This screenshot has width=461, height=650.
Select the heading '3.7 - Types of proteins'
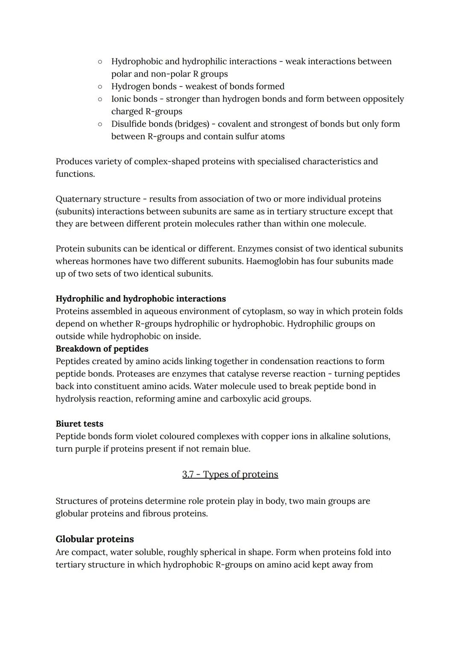(230, 474)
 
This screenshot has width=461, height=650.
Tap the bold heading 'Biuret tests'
(79, 424)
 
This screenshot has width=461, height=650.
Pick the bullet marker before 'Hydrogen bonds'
(99, 87)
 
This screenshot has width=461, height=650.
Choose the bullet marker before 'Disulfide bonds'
(99, 124)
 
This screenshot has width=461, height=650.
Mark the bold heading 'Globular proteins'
(95, 539)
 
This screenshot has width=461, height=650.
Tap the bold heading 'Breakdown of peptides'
(102, 349)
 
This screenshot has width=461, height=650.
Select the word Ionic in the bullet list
(121, 99)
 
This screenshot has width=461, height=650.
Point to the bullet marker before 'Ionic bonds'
(99, 99)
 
